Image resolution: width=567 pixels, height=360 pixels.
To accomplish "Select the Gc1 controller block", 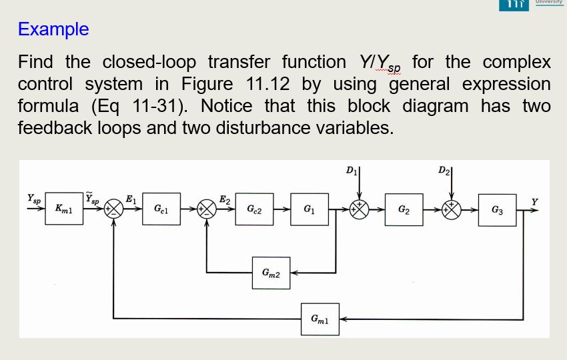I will tap(161, 209).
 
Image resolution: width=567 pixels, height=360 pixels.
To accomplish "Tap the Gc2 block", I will tap(254, 209).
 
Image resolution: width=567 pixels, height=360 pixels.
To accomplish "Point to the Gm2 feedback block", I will tap(271, 273).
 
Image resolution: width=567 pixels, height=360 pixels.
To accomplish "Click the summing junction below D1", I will tap(360, 209).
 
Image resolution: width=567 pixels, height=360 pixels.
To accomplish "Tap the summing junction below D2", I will tap(452, 209).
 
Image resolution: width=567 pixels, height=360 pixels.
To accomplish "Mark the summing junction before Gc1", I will tap(115, 209).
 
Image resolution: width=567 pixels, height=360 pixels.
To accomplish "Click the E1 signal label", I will tap(131, 199).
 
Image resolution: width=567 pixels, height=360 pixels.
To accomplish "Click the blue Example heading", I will tap(53, 29).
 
